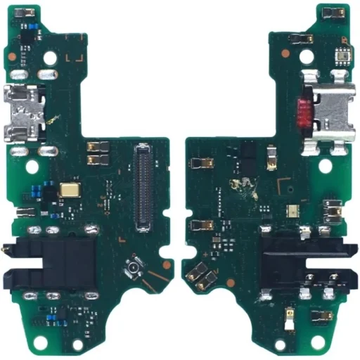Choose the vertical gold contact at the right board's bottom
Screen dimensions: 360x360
pos(288,316)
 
